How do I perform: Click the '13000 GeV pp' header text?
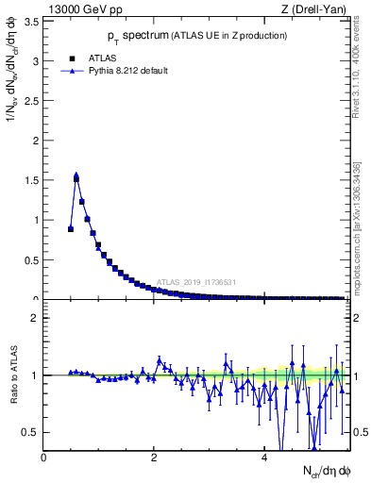[x=82, y=9]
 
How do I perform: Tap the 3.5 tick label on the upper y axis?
[x=30, y=21]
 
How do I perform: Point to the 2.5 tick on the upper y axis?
[x=30, y=101]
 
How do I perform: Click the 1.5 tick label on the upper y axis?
[x=30, y=180]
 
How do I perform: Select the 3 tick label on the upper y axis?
[x=35, y=61]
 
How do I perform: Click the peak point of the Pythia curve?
[x=76, y=175]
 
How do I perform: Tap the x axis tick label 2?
[x=154, y=458]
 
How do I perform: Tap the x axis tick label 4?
[x=263, y=458]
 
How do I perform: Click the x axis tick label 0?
[x=43, y=458]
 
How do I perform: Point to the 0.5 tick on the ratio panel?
[x=30, y=432]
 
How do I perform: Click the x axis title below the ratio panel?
[x=315, y=471]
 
